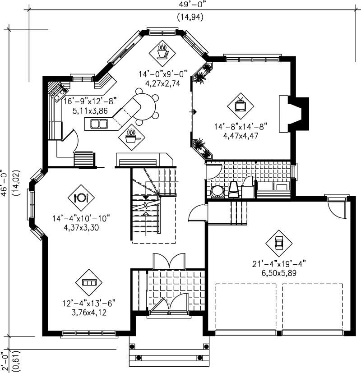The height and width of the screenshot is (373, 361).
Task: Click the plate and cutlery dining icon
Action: [81, 197]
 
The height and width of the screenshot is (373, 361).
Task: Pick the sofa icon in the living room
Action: [88, 282]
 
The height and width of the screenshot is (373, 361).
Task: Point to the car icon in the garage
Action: [278, 243]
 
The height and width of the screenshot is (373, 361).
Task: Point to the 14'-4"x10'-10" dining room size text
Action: [81, 219]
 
